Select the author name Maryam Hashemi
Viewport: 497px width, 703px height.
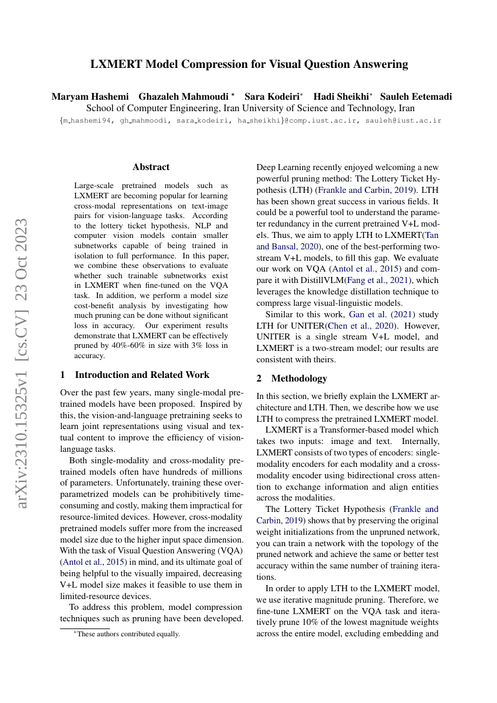(90, 97)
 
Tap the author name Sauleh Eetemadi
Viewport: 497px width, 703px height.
(415, 97)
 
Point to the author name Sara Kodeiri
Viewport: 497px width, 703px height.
(272, 97)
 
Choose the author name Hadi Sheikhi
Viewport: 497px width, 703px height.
(341, 97)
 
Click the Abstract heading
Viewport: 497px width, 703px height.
(151, 167)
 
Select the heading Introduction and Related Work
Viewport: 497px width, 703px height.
(142, 375)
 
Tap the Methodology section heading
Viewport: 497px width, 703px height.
(299, 379)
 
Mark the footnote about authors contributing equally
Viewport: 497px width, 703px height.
(123, 634)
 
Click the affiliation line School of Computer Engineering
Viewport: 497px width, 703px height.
(251, 109)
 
